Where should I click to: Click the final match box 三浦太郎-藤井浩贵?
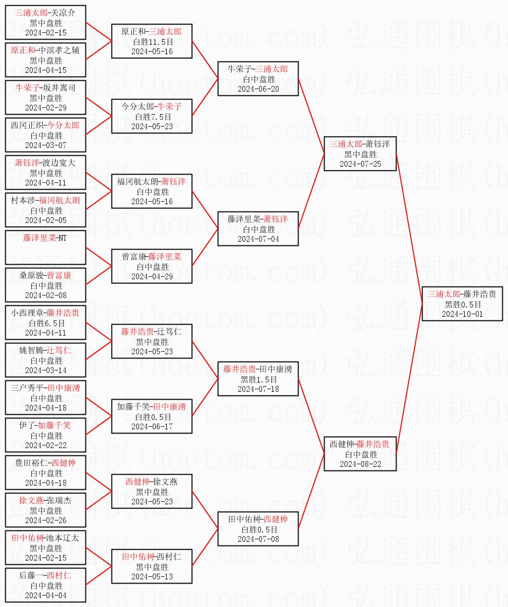(462, 304)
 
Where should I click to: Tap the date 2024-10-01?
(462, 314)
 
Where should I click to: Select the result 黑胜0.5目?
(462, 304)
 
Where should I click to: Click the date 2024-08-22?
(361, 464)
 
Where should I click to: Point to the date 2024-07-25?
(361, 164)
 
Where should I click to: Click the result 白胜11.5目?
(152, 42)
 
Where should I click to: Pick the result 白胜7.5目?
(152, 117)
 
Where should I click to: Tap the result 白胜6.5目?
(46, 323)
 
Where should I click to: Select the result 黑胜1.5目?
(258, 379)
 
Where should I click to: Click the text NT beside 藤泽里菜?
(62, 238)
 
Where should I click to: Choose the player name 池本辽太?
(63, 538)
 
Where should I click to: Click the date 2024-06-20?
(258, 89)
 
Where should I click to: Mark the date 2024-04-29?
(152, 276)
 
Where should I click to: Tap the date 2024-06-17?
(152, 426)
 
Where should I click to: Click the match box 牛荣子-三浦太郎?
(258, 79)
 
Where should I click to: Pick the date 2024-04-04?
(46, 595)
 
